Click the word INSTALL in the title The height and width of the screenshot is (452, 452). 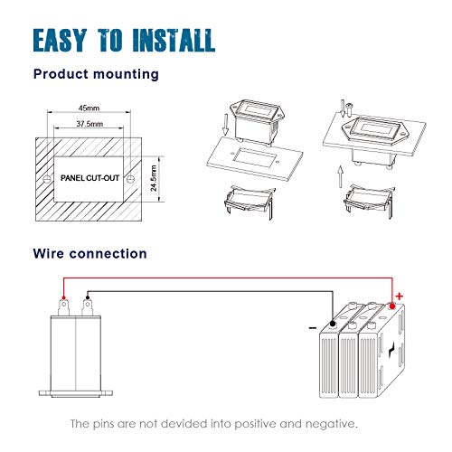(x=174, y=40)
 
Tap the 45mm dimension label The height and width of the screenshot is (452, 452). (x=89, y=108)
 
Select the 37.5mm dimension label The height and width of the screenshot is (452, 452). (x=89, y=124)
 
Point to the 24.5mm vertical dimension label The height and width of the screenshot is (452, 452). (x=154, y=178)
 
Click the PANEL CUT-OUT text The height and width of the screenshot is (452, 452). (x=89, y=178)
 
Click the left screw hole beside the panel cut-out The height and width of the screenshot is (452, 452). (x=46, y=179)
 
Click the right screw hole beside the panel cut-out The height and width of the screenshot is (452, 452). (x=130, y=179)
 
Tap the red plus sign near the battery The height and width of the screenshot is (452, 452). (x=400, y=297)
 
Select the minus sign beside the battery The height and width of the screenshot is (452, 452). (x=313, y=328)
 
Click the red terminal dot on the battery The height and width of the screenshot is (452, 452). (x=392, y=306)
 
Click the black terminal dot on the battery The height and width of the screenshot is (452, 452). (x=333, y=324)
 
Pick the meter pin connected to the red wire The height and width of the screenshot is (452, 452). (x=63, y=306)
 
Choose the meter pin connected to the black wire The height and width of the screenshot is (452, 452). (x=88, y=306)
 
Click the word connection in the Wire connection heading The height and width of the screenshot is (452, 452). (x=108, y=254)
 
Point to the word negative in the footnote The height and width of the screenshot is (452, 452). (x=331, y=424)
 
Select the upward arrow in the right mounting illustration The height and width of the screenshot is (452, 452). (x=341, y=176)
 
